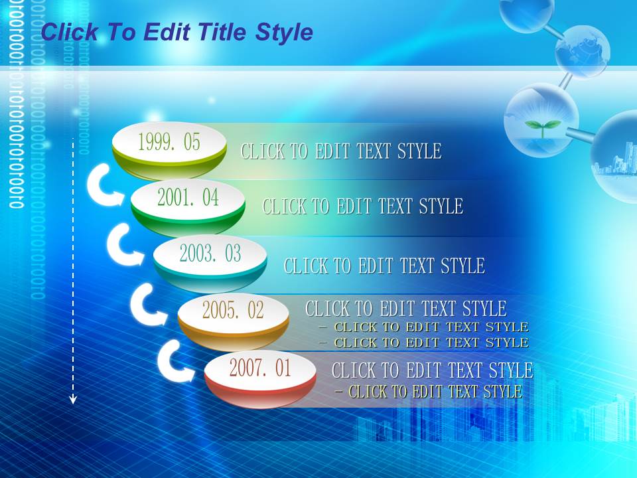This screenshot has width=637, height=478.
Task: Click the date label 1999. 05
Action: pos(169,142)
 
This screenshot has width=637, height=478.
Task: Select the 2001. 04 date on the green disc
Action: pos(188,198)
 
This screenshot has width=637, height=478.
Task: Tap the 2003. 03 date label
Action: pos(210,253)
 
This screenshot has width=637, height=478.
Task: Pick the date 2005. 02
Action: pos(233,310)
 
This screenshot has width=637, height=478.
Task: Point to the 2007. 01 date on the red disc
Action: pos(260,368)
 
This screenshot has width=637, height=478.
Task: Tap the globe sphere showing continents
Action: pos(583,51)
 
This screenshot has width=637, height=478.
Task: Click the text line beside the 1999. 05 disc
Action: pos(341,151)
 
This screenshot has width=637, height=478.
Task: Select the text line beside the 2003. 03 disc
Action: pos(384,266)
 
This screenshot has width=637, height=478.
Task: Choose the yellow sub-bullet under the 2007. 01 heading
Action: pos(429,392)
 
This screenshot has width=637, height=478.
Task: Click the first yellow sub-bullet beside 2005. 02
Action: pos(424,327)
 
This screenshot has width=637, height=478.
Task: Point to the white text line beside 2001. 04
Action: pos(363,206)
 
